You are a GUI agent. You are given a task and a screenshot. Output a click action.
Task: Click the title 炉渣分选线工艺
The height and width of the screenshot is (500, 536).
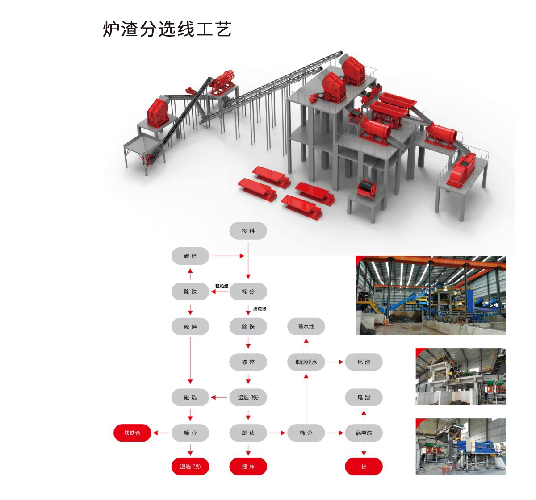coord(167,29)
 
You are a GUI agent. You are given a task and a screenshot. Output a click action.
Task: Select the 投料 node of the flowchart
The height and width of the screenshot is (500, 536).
coord(248,231)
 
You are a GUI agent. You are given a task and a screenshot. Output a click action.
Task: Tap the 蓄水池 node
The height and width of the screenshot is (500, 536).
coord(306,327)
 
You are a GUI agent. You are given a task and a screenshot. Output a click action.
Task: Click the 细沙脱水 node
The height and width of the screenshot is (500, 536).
coord(306,362)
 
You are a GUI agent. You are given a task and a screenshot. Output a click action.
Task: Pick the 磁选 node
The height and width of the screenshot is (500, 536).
coord(190,397)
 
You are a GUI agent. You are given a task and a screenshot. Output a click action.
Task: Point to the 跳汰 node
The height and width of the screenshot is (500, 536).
coord(248,433)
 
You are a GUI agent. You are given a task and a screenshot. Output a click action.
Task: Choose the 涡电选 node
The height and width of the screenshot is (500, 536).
coord(364,433)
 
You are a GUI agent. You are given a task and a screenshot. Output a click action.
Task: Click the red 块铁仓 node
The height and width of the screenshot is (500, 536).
coord(132,433)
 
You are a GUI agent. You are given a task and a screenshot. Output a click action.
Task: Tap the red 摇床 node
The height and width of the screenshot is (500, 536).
coord(248,467)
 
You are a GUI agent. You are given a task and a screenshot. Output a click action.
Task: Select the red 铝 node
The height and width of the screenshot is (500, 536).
coord(364,467)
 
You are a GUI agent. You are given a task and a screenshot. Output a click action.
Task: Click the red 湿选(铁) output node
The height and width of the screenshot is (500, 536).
coord(190,467)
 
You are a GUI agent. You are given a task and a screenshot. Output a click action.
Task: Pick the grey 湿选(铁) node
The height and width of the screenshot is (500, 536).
coord(248,397)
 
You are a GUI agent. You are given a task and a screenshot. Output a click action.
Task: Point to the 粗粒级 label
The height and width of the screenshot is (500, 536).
coord(222,286)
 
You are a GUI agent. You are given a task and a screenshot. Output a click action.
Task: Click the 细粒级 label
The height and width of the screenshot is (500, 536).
coord(260,308)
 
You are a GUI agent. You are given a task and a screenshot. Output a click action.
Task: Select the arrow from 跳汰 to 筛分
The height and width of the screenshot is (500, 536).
coord(277,433)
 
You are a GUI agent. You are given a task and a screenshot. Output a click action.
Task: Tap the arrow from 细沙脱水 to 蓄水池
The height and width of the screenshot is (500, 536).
coord(306,344)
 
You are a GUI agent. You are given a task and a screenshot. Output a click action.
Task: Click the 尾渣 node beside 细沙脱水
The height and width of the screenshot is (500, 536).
coord(364,362)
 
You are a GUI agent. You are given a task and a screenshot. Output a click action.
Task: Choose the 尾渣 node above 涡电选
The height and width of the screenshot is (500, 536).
coord(364,397)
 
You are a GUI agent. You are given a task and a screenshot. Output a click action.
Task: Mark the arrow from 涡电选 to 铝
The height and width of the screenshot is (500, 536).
coord(364,450)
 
